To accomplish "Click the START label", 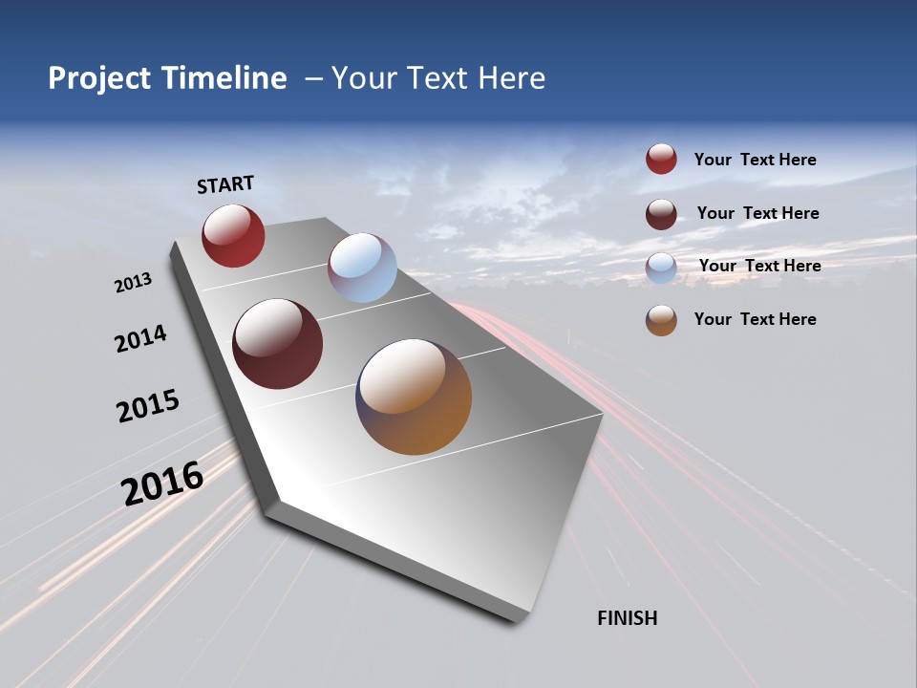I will (x=225, y=184).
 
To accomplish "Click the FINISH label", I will (x=627, y=618).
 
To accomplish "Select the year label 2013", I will (x=133, y=283).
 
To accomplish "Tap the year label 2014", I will (x=140, y=338).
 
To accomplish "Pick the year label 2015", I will (x=148, y=406).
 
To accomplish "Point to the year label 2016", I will (x=162, y=484).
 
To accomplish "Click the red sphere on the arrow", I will (x=233, y=235).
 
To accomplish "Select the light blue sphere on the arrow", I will (x=362, y=268).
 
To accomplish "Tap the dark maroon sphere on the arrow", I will (x=278, y=344).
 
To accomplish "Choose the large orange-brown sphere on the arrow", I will (x=414, y=397).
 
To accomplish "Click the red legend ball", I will (x=661, y=159).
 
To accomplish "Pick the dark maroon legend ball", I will (x=661, y=214).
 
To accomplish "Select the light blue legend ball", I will (x=661, y=268).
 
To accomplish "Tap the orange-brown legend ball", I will (x=661, y=320).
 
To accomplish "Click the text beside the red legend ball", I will (x=755, y=160).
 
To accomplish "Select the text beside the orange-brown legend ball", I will (x=755, y=319).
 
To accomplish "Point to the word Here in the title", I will (x=510, y=78).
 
